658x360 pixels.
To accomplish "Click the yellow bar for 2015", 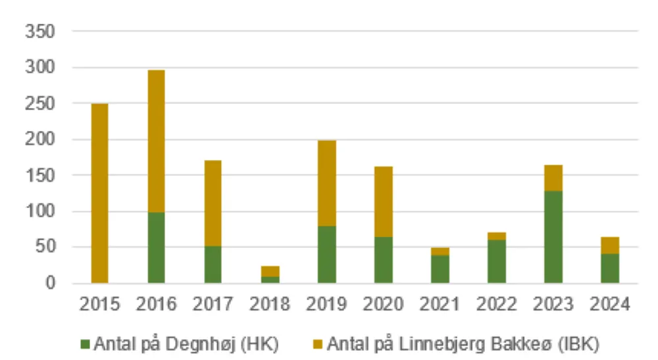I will click(99, 193).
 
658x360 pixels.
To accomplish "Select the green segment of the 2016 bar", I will click(156, 247).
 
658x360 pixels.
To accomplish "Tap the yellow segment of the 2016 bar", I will click(156, 141).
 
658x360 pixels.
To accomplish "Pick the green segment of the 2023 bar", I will click(553, 237).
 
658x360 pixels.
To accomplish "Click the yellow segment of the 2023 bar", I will click(553, 178).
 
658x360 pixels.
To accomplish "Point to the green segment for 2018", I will click(270, 280).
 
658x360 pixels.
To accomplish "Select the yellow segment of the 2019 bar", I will click(326, 183).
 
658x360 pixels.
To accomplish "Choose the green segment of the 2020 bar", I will click(383, 260).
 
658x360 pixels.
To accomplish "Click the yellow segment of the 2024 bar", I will click(610, 245).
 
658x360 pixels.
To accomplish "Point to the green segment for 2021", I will click(440, 269).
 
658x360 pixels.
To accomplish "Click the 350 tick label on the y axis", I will click(39, 32).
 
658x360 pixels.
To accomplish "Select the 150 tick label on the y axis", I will click(39, 176).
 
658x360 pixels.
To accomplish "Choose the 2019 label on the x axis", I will click(326, 305).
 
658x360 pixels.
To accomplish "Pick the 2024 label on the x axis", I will click(610, 305).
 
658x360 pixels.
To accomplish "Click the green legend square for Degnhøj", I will click(86, 344).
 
